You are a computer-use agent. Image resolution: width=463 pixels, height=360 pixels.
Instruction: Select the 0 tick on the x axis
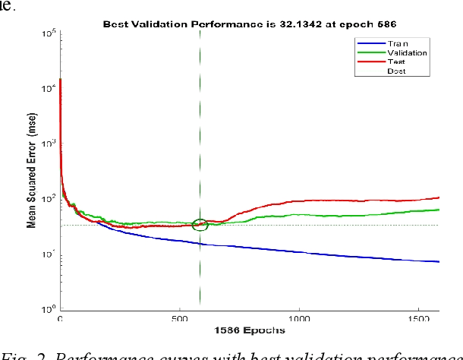(60, 319)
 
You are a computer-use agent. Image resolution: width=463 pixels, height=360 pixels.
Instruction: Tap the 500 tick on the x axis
(180, 319)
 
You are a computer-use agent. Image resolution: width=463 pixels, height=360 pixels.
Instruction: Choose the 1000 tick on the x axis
(300, 319)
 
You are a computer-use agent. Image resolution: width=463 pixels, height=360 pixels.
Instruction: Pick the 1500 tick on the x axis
(420, 319)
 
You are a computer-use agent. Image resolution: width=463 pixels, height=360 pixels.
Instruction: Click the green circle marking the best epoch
(200, 224)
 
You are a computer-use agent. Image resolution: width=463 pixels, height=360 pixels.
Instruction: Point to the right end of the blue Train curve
(439, 261)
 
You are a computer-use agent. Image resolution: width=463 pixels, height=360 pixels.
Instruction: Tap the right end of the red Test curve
(439, 197)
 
